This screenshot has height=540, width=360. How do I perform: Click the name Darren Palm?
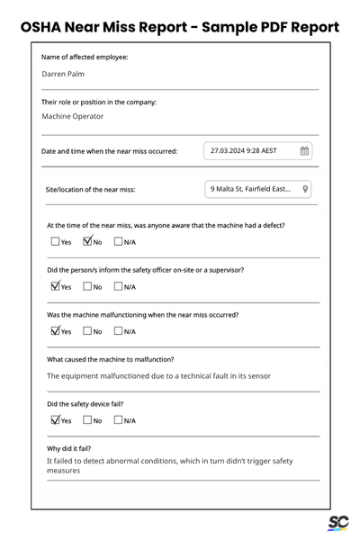tap(63, 74)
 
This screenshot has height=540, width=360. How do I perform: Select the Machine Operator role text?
tap(73, 116)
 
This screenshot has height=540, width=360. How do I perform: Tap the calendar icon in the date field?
tap(304, 151)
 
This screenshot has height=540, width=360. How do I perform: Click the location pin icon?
tap(305, 189)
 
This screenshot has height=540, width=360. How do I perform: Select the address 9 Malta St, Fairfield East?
tap(250, 189)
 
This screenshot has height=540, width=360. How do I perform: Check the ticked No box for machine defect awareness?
tap(87, 241)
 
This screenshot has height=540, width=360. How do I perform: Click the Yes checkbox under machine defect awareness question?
tap(55, 241)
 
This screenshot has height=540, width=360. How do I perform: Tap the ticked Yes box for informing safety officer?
tap(55, 286)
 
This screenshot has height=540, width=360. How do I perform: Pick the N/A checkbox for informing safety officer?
tap(118, 286)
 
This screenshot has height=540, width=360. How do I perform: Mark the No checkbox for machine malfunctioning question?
tap(87, 331)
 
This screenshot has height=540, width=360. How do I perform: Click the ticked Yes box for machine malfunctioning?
tap(55, 331)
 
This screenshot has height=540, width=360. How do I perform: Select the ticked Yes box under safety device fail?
tap(55, 420)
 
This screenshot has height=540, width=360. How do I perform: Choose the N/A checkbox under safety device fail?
tap(118, 420)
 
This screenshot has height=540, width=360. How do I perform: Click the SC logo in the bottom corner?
tap(337, 523)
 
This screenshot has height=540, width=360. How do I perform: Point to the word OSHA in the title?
tap(46, 27)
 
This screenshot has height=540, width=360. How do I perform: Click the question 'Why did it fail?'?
tap(69, 448)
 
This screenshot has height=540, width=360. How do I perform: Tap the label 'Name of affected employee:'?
tap(85, 58)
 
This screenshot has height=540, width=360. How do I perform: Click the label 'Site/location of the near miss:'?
tap(90, 190)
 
